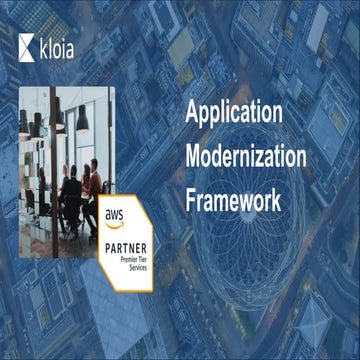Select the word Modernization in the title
tap(246, 157)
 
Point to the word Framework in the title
tap(232, 199)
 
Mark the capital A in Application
tap(192, 112)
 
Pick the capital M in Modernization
tap(194, 157)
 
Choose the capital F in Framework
tap(191, 199)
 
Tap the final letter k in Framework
tap(274, 199)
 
